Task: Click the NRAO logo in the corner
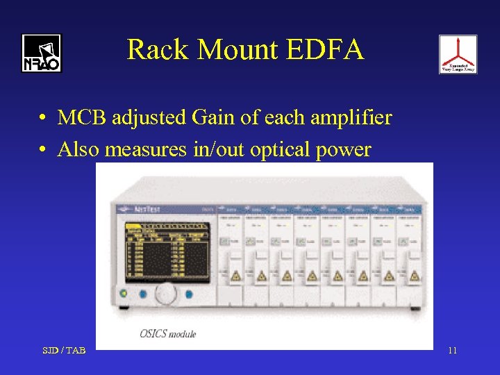(41, 53)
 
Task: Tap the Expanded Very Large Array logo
(458, 54)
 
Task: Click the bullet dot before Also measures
(43, 150)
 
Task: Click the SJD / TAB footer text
(63, 350)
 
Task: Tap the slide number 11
(452, 350)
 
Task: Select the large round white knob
(166, 294)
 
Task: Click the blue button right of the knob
(189, 294)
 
